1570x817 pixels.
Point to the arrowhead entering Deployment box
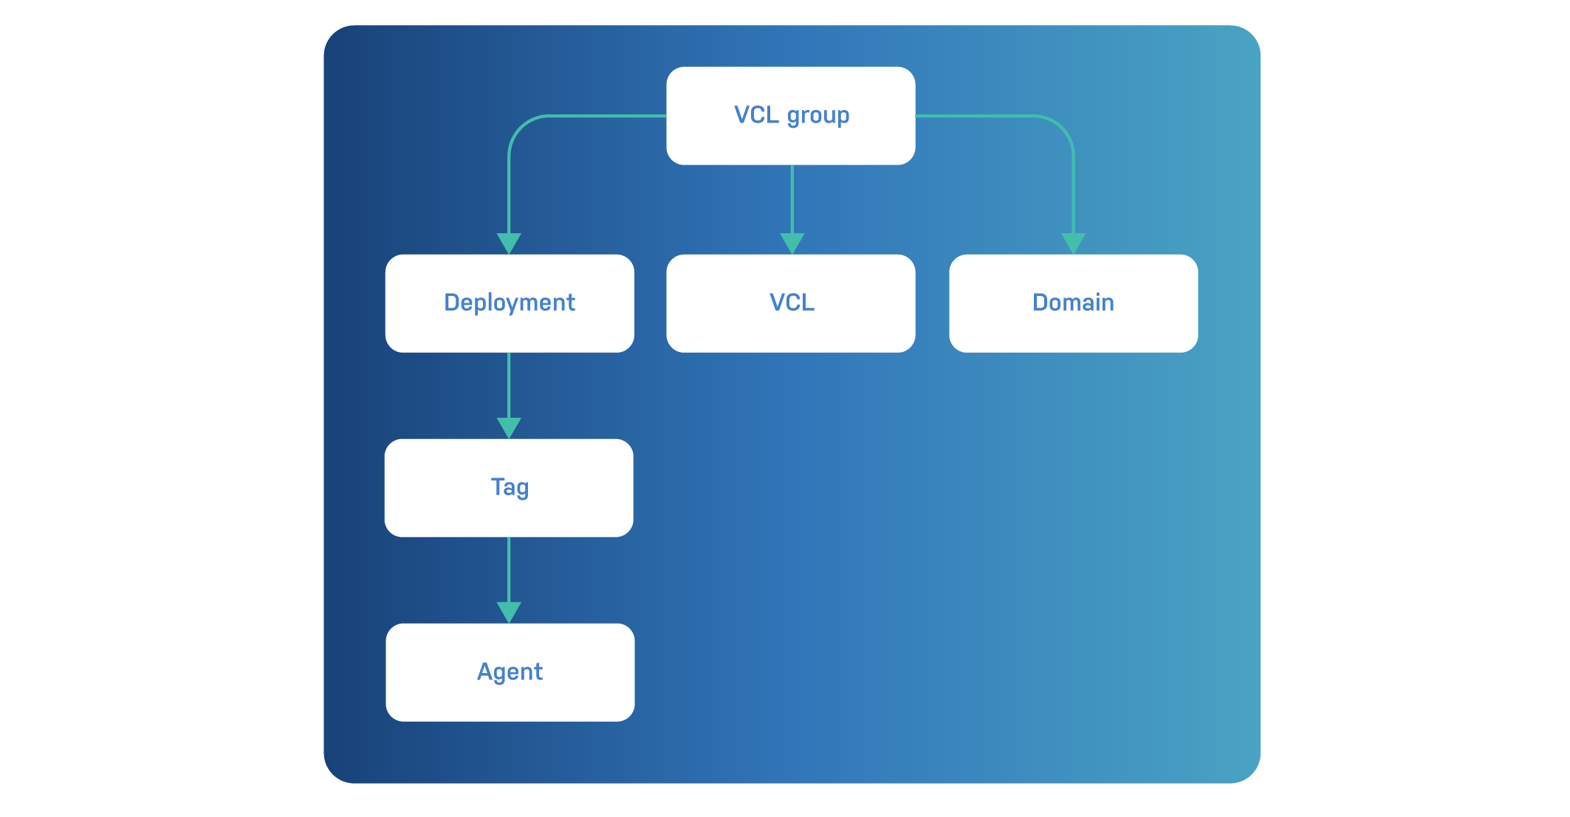point(509,243)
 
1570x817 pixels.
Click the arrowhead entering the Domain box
point(1073,243)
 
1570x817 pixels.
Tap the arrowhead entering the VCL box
point(792,243)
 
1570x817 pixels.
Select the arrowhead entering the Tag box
point(509,427)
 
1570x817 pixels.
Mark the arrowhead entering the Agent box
point(509,612)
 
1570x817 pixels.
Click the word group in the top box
point(818,116)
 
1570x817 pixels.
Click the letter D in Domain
point(1040,303)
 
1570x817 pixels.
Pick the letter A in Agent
point(485,672)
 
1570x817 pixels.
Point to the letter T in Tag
point(498,486)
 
